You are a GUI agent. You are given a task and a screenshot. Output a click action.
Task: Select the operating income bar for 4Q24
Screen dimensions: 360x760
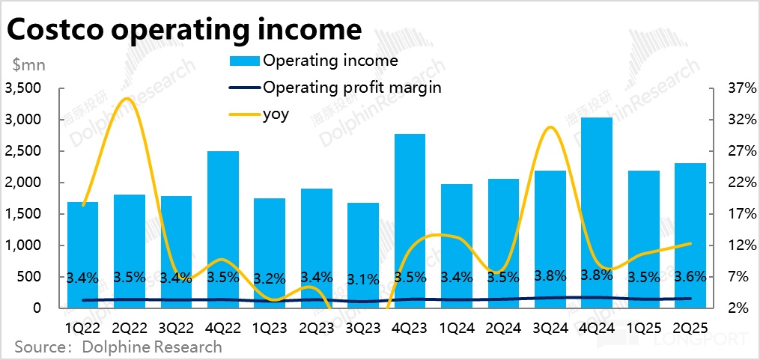pos(597,210)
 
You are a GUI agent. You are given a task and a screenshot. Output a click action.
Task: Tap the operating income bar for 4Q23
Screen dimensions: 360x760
pos(410,217)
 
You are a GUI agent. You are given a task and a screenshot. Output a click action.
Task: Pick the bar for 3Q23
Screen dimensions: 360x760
pos(363,254)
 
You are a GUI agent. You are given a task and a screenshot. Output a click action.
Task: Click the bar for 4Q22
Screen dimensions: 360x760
pos(222,225)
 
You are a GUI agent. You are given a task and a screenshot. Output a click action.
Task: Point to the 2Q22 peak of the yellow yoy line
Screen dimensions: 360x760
pos(127,99)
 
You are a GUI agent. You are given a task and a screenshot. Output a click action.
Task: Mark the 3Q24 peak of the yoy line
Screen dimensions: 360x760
pos(550,127)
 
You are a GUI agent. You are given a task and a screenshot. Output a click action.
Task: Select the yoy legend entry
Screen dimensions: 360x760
pos(275,114)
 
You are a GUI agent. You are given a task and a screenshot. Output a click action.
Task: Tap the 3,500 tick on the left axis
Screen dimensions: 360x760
pos(25,88)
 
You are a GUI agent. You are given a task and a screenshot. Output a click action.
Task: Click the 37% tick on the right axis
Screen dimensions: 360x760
pos(732,88)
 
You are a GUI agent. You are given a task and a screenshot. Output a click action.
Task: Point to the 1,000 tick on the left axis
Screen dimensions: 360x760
pos(25,245)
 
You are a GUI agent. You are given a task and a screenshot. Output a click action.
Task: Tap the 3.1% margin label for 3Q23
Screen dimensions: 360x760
pos(363,280)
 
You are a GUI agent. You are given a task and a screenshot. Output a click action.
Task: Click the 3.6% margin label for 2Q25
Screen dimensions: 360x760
pos(690,277)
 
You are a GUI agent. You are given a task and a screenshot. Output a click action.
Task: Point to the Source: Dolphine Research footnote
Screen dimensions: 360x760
pos(118,347)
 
